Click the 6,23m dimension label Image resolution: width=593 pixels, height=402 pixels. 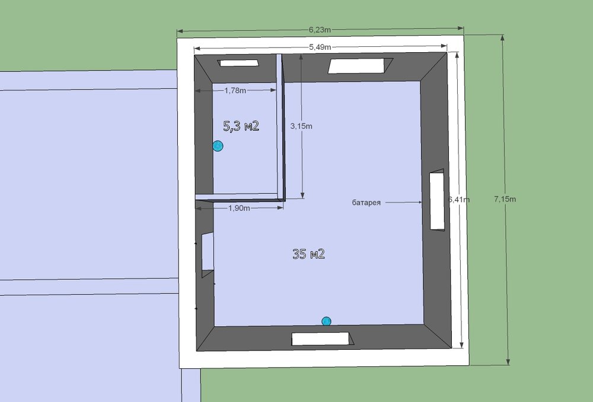320,30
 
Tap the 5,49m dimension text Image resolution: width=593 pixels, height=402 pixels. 320,47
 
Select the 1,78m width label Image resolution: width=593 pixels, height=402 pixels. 235,90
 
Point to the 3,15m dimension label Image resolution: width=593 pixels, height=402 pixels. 301,126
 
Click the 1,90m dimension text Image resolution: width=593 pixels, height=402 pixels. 239,208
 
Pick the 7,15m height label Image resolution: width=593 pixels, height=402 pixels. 505,199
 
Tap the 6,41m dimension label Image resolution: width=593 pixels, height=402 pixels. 459,199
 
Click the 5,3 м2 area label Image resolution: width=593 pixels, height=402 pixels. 241,126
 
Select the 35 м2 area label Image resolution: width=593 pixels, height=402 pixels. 308,254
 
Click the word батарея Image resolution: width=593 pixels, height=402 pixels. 366,203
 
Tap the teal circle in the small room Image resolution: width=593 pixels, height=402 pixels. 218,146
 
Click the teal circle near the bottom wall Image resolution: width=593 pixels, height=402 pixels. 326,321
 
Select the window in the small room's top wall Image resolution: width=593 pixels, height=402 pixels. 238,63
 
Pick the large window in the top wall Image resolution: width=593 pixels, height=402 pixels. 361,66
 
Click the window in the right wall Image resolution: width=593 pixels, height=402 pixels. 437,200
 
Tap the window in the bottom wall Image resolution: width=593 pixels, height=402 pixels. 322,339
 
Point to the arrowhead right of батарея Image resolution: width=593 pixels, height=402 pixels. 419,202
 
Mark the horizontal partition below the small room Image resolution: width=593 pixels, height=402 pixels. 240,197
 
